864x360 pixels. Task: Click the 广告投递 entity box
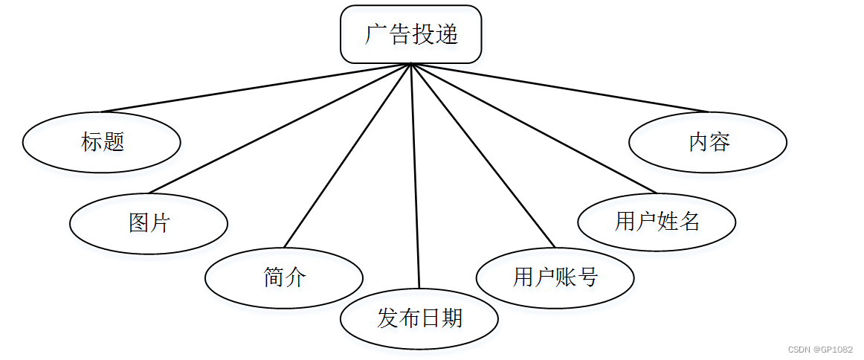(x=411, y=34)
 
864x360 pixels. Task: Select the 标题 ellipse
(x=102, y=141)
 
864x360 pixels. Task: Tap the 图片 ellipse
(x=149, y=222)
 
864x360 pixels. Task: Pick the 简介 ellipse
(x=284, y=277)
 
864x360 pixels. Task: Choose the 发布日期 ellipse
(x=419, y=318)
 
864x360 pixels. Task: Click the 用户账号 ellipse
(x=555, y=277)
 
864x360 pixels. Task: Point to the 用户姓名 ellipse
(x=657, y=222)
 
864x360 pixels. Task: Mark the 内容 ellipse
(x=708, y=141)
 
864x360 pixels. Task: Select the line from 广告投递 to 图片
(x=279, y=128)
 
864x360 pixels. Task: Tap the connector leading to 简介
(x=347, y=155)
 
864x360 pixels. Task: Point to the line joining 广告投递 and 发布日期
(x=415, y=176)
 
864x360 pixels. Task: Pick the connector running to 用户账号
(x=483, y=155)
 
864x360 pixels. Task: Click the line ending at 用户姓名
(x=532, y=128)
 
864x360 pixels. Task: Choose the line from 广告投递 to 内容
(x=558, y=88)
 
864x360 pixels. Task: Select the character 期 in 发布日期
(x=452, y=318)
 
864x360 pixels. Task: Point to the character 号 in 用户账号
(x=588, y=277)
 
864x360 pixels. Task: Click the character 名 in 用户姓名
(x=689, y=222)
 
